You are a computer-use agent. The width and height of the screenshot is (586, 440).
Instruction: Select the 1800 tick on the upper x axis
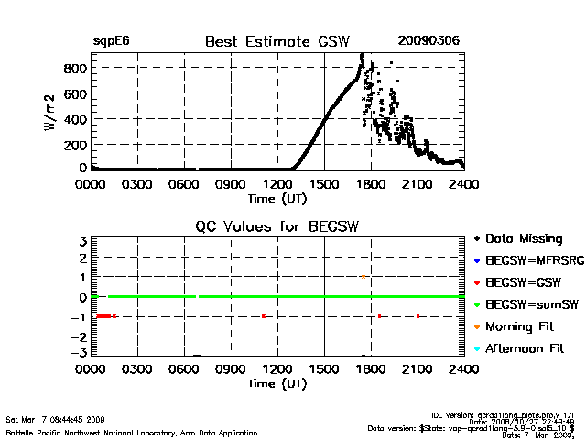(371, 184)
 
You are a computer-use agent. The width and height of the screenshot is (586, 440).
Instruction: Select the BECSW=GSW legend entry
(522, 282)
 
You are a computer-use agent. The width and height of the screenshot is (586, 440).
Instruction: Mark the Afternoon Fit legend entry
(526, 348)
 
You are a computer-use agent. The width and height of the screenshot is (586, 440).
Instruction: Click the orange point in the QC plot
(364, 276)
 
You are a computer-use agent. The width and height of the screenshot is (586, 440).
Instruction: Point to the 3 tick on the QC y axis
(82, 241)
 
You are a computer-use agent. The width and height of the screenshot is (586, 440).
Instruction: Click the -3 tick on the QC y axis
(80, 353)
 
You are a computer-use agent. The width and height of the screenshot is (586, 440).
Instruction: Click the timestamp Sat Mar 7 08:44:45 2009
(55, 419)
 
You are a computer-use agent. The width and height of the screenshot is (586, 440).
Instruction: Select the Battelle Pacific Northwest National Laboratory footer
(132, 432)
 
